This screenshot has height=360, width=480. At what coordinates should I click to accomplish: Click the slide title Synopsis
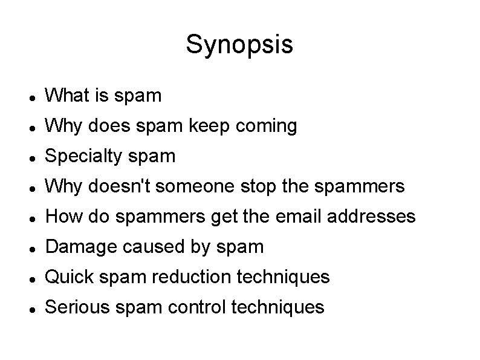pos(239,44)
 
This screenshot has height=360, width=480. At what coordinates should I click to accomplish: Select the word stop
pos(254,187)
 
